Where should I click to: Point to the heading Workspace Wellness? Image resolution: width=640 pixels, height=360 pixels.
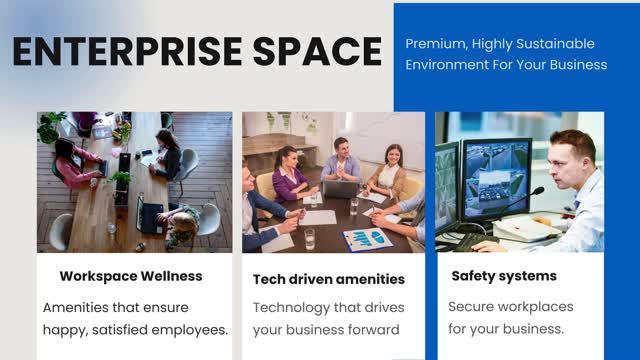(131, 275)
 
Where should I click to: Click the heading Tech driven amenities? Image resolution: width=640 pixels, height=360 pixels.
(329, 279)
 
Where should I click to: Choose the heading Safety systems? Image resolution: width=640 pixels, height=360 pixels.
(502, 275)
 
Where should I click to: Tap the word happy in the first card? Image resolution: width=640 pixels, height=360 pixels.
(67, 330)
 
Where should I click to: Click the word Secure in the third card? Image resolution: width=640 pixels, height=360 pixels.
(472, 307)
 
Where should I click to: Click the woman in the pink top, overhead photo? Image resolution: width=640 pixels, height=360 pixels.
(75, 161)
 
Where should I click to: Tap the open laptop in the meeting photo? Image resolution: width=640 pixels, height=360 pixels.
(340, 187)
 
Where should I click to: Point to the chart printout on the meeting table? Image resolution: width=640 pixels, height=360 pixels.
(367, 238)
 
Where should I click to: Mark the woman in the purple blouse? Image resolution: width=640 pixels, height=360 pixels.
(289, 175)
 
